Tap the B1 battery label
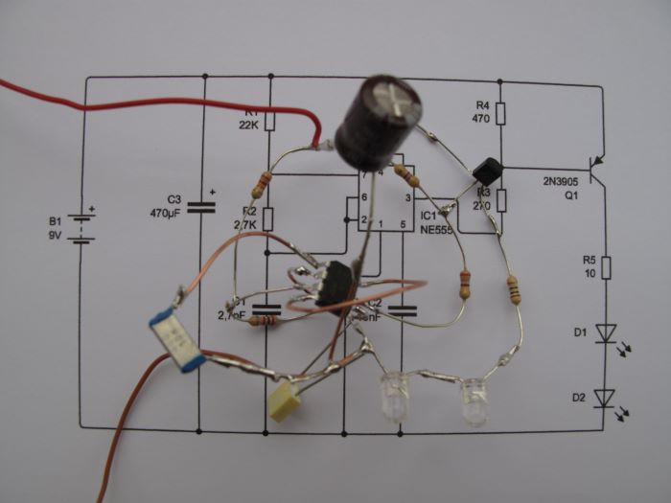tap(56, 221)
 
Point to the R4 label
tap(482, 105)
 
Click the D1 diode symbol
tap(606, 333)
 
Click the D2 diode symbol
tap(606, 397)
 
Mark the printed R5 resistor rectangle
tap(606, 267)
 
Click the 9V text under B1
tap(56, 234)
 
